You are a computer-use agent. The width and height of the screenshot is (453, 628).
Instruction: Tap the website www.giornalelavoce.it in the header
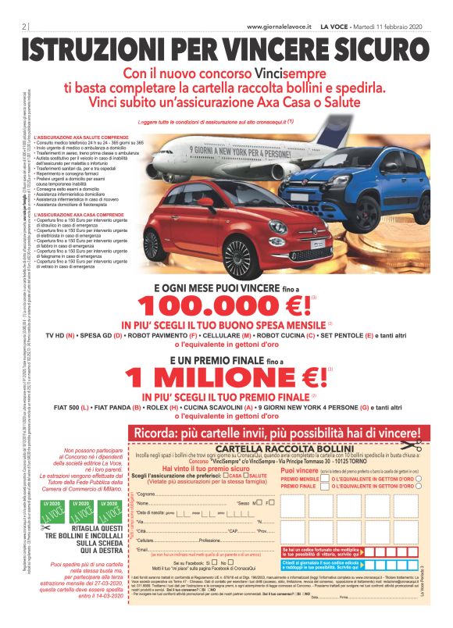click(x=289, y=26)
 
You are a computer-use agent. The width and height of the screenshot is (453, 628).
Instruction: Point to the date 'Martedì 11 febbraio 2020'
click(x=386, y=26)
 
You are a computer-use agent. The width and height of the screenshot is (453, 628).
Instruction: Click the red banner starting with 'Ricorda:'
click(x=277, y=433)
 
